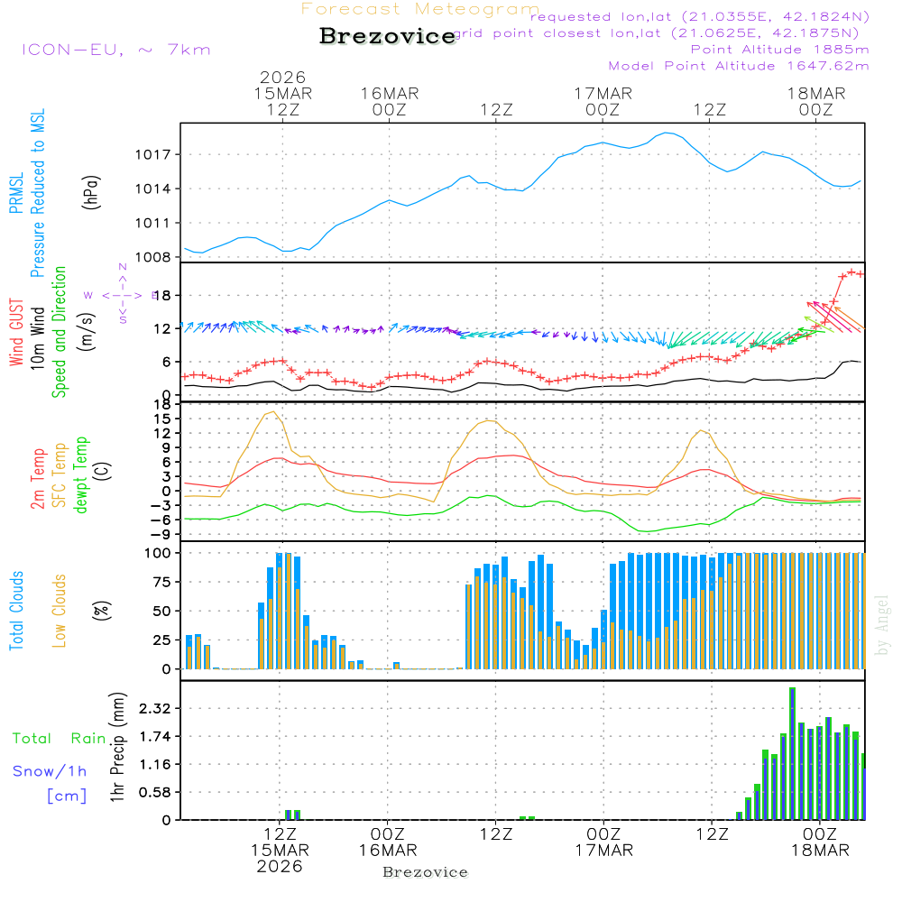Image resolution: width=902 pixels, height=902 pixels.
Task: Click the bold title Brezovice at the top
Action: [x=388, y=37]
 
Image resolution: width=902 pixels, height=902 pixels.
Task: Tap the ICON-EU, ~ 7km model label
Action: [x=115, y=49]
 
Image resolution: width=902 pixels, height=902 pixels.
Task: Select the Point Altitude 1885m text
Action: [x=779, y=49]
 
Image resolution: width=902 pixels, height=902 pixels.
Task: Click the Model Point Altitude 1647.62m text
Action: [x=739, y=66]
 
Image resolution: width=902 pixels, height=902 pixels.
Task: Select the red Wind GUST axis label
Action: [x=17, y=335]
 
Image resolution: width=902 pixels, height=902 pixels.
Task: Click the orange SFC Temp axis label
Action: [x=60, y=474]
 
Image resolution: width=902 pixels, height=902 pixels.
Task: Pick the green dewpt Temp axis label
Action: [x=81, y=474]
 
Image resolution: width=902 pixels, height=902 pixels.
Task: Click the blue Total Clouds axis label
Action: [x=17, y=611]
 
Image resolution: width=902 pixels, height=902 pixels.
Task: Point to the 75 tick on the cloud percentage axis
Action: [x=163, y=582]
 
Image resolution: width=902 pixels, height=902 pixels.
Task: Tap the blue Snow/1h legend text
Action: [x=51, y=771]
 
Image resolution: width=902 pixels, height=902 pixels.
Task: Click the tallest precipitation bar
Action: [x=792, y=753]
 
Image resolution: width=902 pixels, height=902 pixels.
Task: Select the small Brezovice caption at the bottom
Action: [x=425, y=872]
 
